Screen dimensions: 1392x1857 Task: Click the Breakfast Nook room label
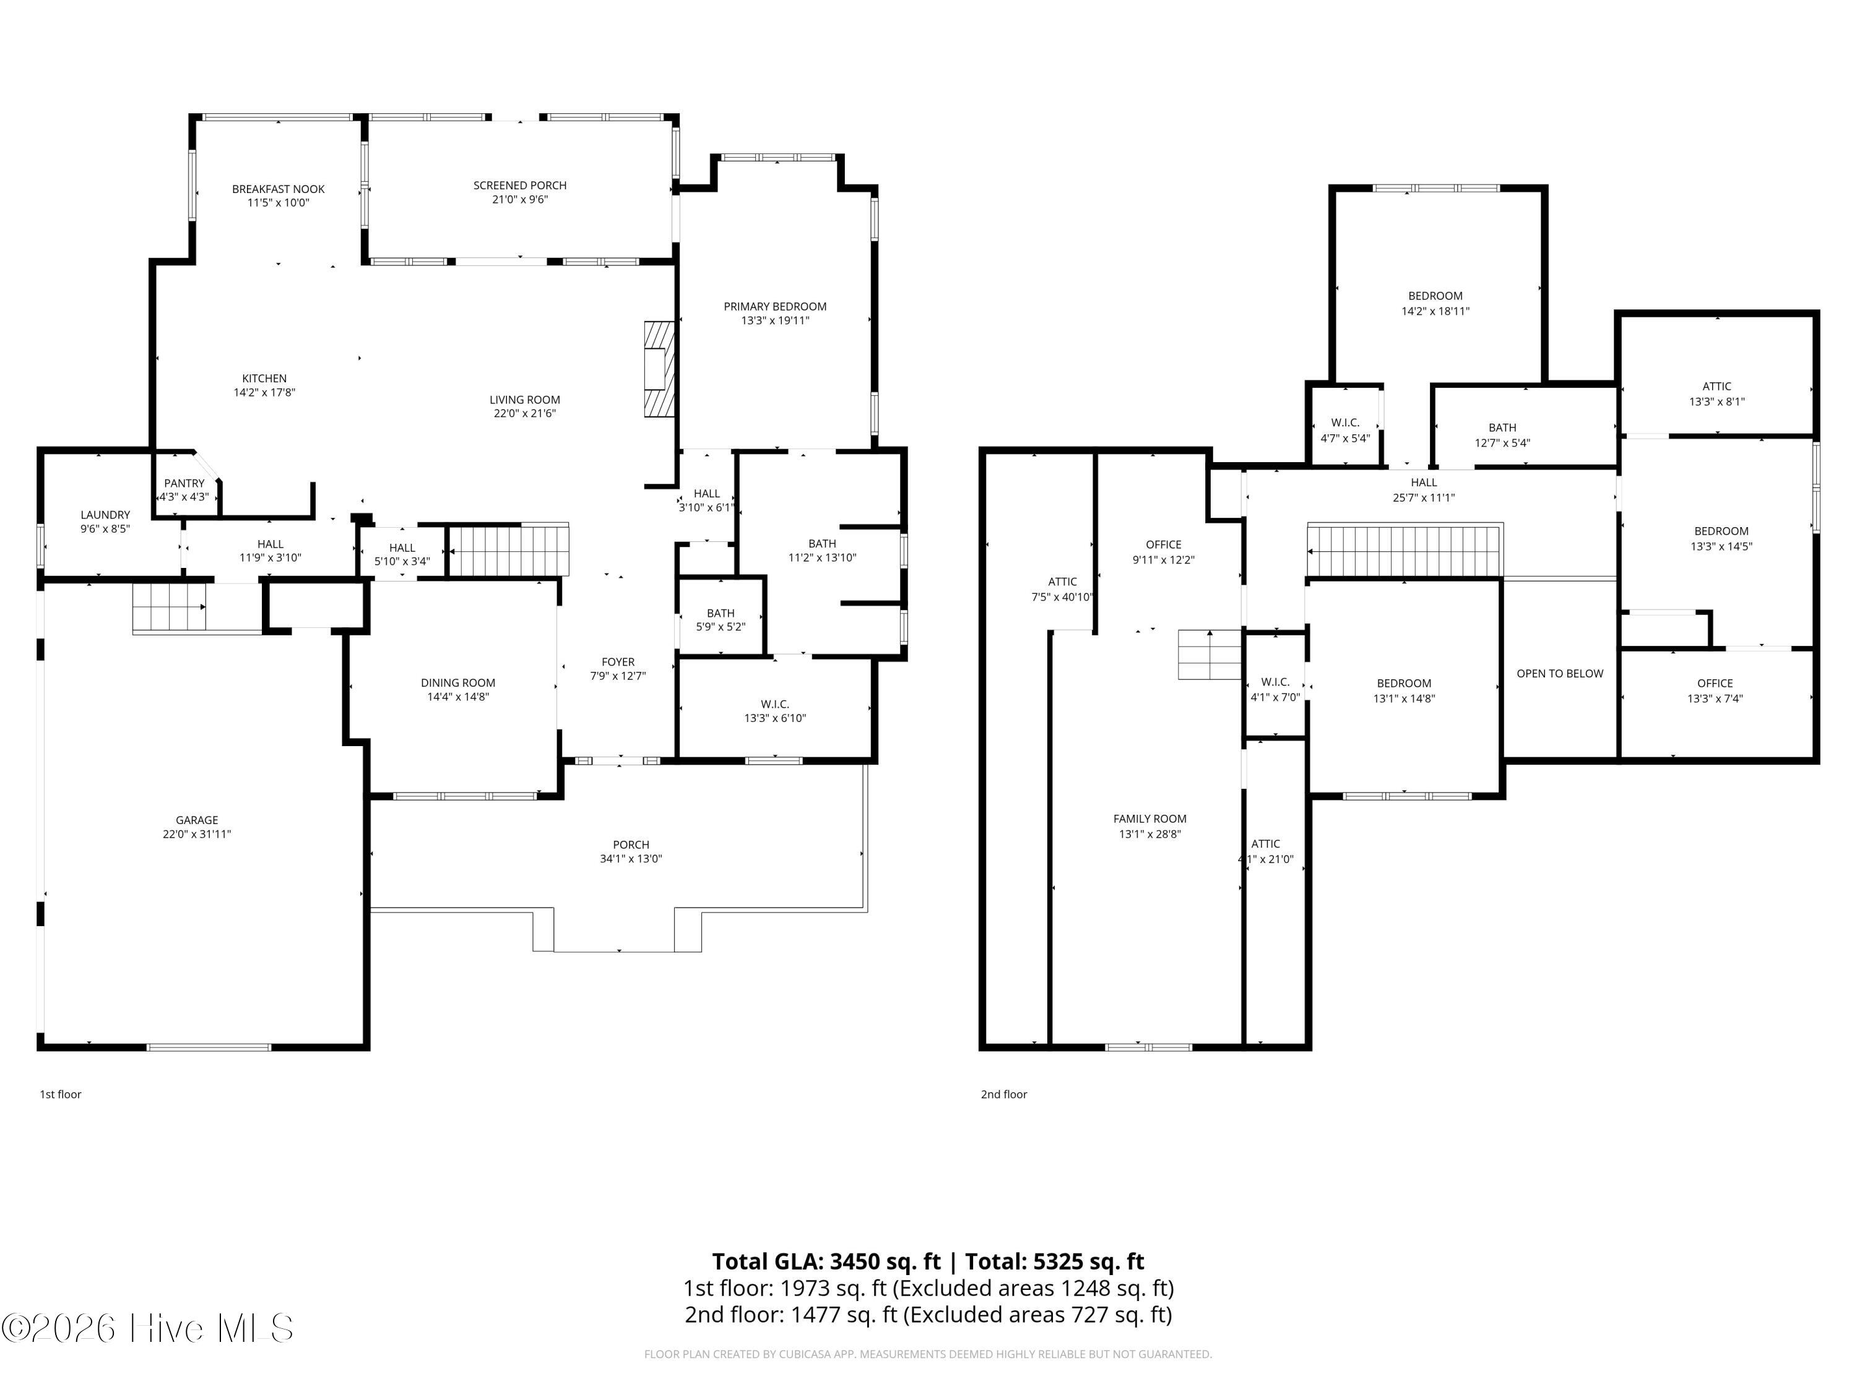[278, 189]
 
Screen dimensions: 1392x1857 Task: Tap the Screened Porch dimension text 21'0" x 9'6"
[520, 200]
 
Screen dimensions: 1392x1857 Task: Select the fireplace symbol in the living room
[659, 369]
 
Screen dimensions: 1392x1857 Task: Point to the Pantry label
[184, 483]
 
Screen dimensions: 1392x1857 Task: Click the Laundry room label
[105, 514]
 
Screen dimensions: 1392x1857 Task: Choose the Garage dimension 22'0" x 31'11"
[196, 834]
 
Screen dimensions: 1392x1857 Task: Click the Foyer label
[618, 662]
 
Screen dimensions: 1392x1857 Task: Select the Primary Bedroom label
[775, 306]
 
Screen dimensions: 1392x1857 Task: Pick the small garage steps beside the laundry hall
[170, 607]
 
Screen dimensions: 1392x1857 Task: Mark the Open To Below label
[1559, 674]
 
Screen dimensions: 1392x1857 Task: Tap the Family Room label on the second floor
[1149, 819]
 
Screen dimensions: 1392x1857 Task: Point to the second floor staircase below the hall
[1405, 551]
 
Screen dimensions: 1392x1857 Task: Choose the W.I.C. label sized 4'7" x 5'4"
[1345, 423]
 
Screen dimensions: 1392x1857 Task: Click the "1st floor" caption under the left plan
[61, 1094]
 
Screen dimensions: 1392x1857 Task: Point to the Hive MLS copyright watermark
[148, 1328]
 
